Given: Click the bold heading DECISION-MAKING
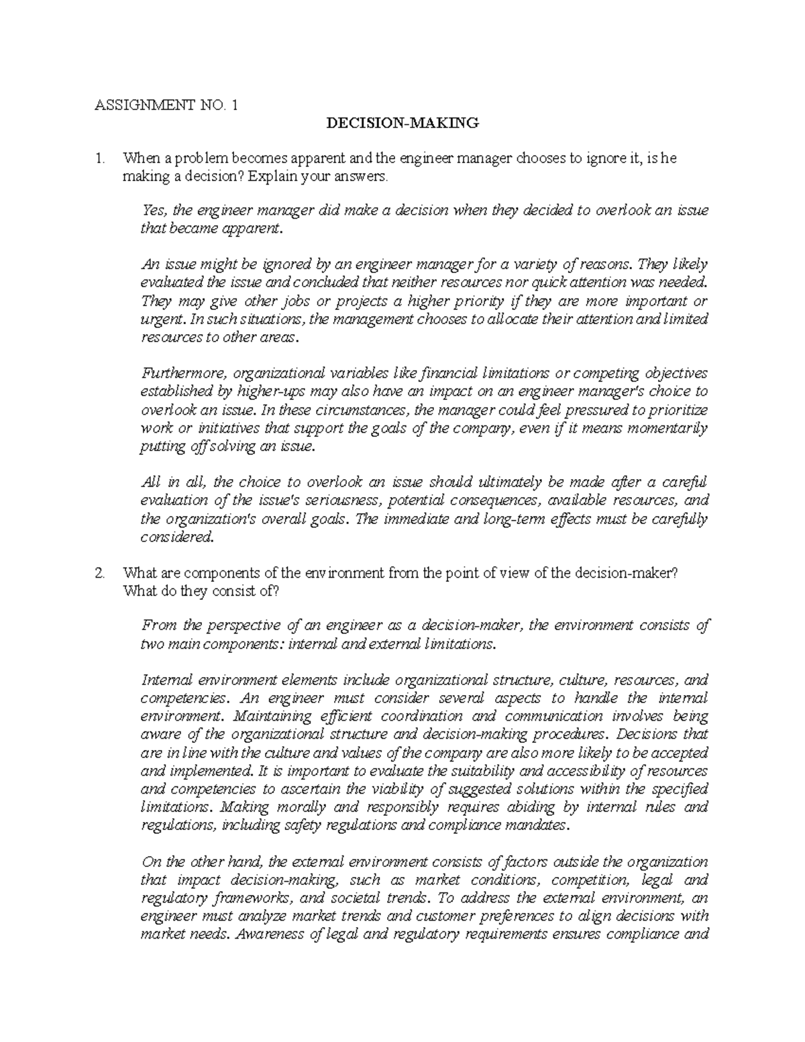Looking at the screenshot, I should pos(402,123).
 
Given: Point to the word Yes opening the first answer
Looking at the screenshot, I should pos(154,210).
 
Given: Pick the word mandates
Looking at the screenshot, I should pos(533,825).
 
